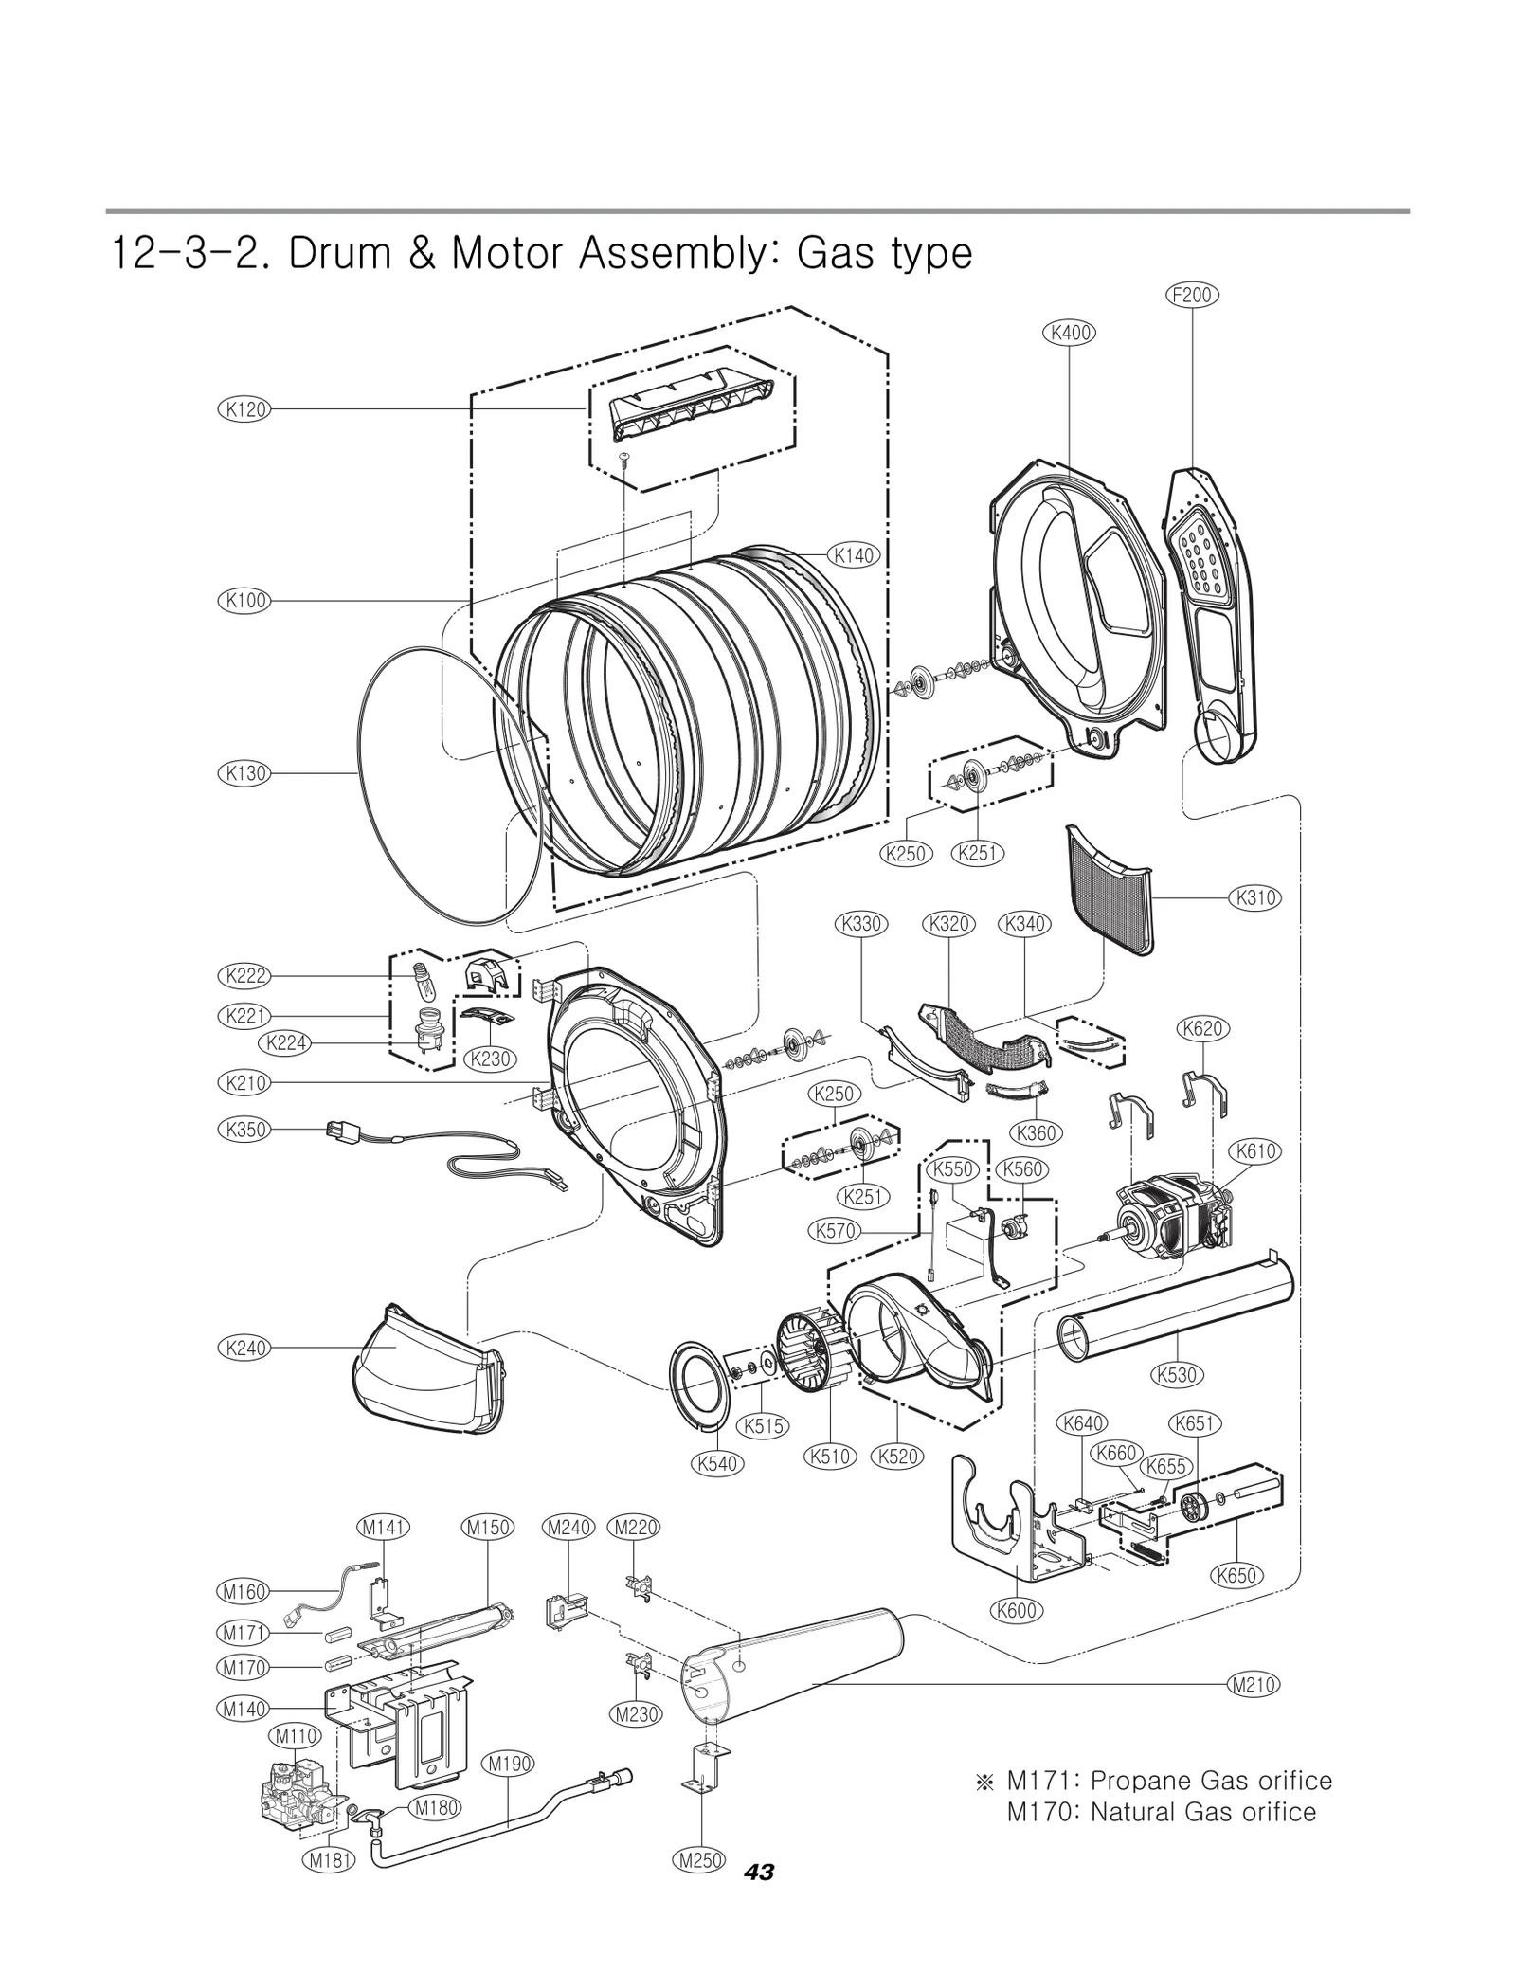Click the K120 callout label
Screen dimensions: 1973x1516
coord(244,409)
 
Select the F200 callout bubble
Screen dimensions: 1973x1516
coord(1191,295)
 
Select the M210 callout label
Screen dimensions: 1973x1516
coord(1253,1685)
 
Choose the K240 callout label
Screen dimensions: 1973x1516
coord(244,1348)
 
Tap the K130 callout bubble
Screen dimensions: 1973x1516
coord(244,773)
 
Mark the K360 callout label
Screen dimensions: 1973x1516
coord(1035,1132)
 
